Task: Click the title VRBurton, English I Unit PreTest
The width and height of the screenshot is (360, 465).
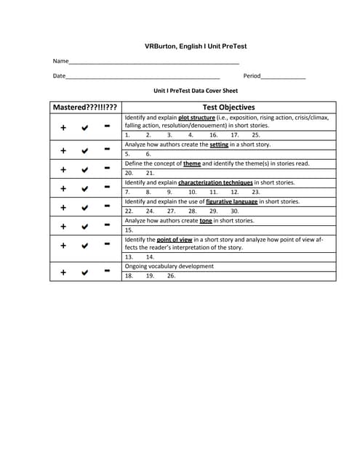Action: click(x=196, y=46)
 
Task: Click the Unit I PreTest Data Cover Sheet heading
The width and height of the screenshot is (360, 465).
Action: click(x=196, y=92)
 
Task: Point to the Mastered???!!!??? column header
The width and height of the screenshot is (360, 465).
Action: click(x=85, y=108)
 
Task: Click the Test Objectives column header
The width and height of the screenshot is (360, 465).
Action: click(x=228, y=108)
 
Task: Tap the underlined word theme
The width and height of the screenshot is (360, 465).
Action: click(x=192, y=164)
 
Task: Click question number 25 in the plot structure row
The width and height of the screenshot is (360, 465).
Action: click(x=256, y=135)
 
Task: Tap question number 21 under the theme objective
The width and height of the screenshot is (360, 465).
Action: click(x=150, y=174)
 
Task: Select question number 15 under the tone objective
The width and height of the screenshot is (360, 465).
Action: click(x=129, y=230)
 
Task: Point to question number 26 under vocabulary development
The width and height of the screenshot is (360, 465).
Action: click(x=171, y=277)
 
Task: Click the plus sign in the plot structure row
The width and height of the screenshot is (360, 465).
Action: click(x=63, y=127)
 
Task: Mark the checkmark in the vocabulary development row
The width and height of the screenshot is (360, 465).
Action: click(x=85, y=273)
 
